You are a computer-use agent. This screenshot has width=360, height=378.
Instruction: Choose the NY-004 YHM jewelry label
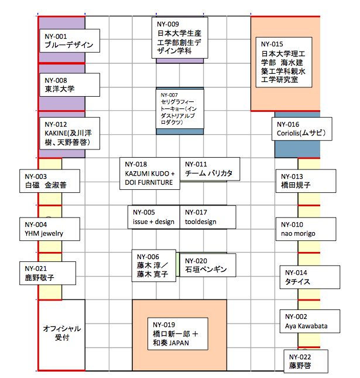tap(49, 229)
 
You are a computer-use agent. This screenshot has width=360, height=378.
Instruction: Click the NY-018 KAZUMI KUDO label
tap(150, 173)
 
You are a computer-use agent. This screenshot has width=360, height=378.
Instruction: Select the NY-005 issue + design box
tap(154, 217)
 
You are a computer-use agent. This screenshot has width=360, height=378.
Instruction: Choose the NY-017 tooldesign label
tap(207, 217)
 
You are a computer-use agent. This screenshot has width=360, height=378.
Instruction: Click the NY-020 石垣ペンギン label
tap(207, 265)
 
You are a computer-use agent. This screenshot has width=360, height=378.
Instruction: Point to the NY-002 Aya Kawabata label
tap(309, 321)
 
